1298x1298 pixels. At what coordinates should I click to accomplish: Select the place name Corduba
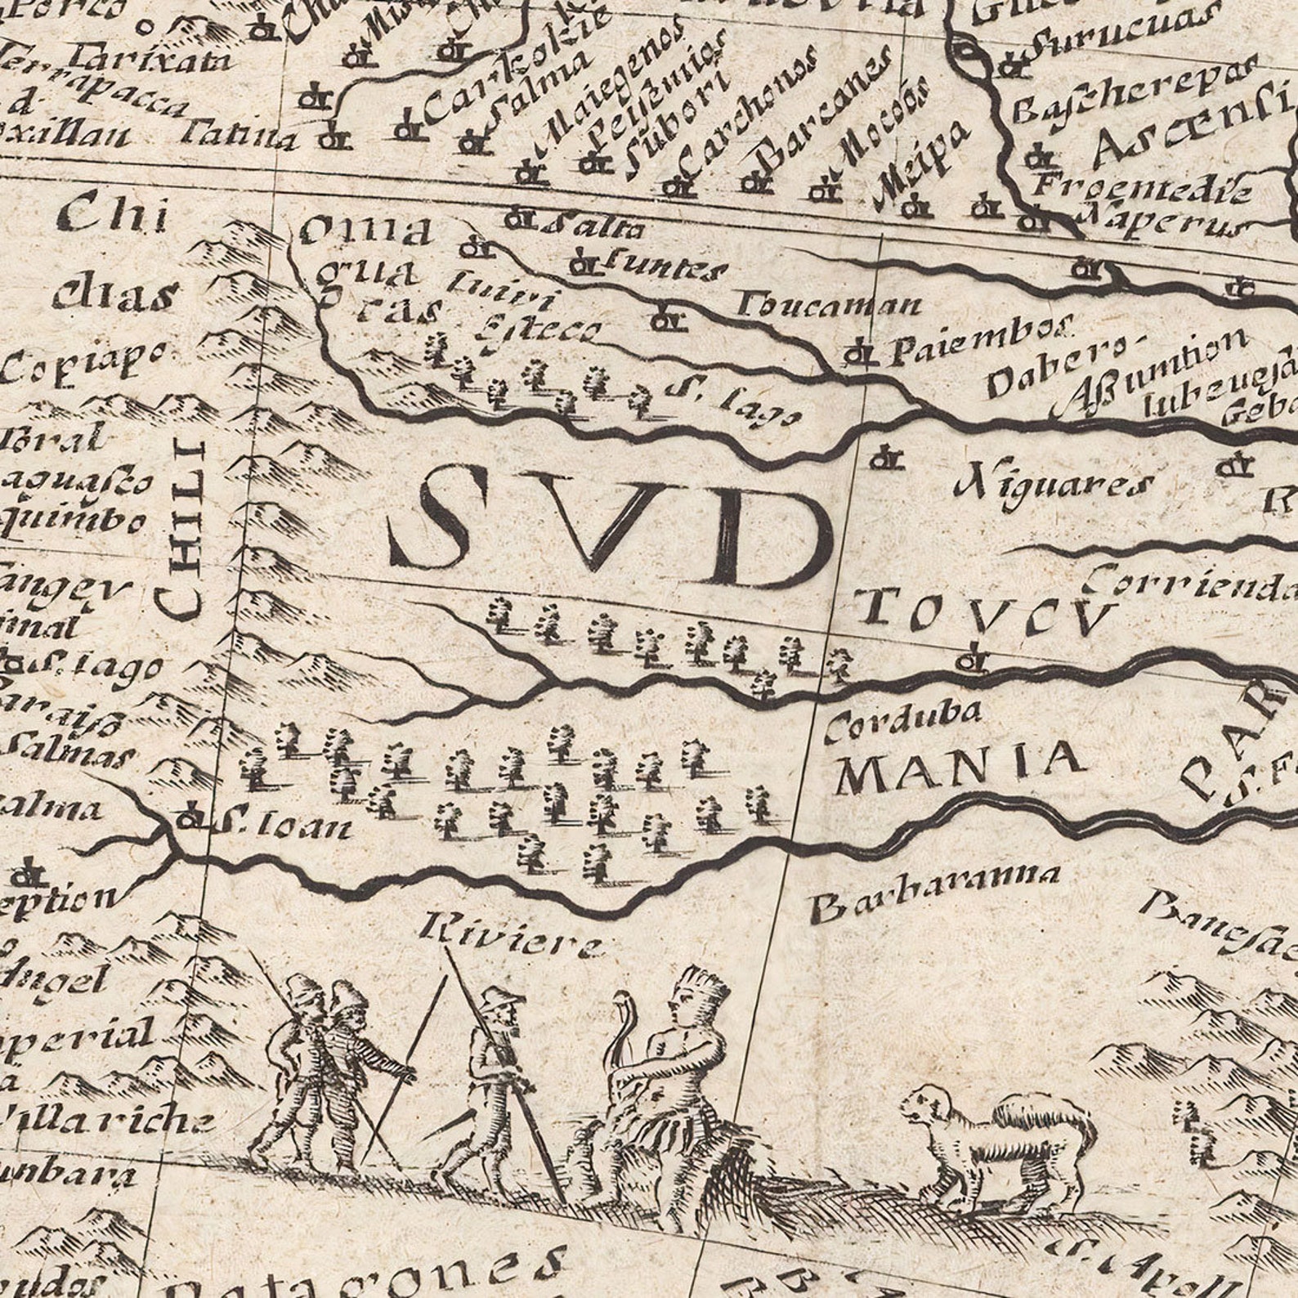coord(902,722)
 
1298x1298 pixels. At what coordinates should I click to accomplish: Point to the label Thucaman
coord(829,306)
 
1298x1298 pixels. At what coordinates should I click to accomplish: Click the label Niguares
coord(1054,485)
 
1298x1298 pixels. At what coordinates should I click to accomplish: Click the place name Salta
coord(594,226)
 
